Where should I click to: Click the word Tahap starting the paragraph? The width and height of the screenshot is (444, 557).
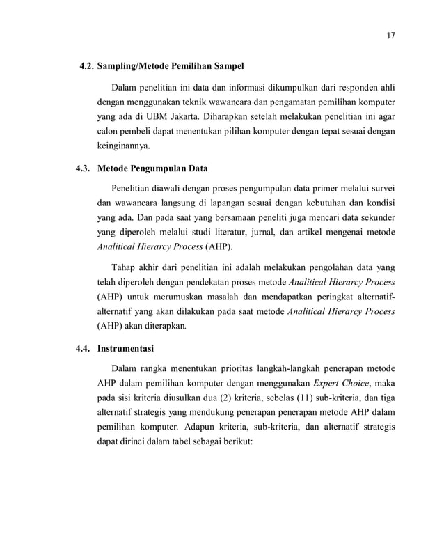click(x=125, y=267)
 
